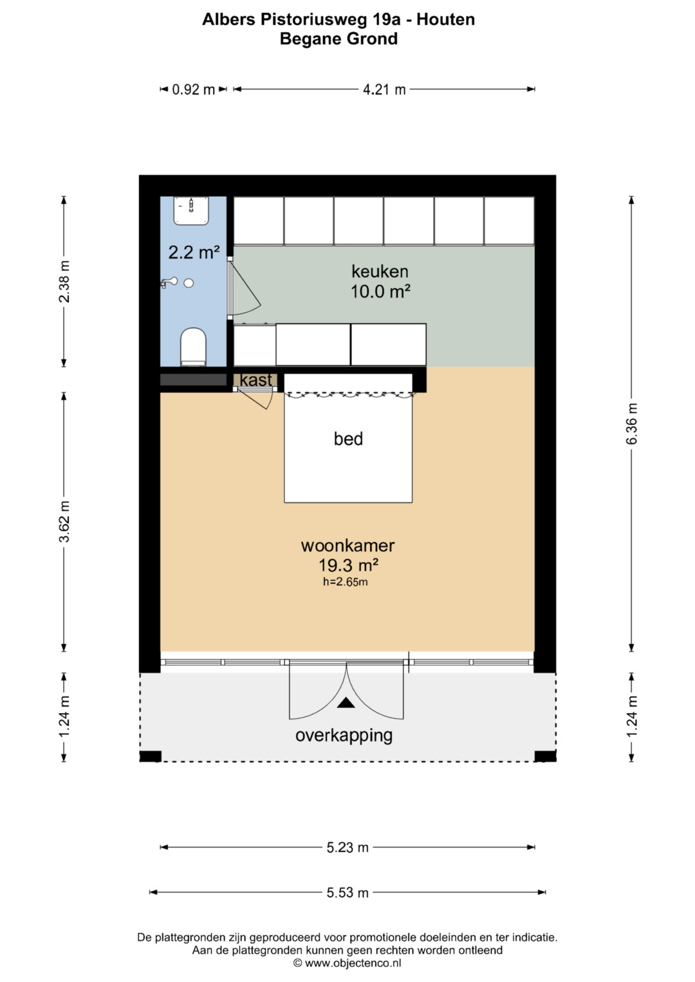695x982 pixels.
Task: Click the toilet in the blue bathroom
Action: (193, 347)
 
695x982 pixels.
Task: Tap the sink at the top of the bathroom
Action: (191, 211)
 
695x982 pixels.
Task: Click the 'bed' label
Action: (348, 439)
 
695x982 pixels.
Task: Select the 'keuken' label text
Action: (380, 271)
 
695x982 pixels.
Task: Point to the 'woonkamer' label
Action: (348, 545)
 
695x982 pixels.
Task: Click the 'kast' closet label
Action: (256, 379)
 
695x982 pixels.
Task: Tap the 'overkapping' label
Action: (344, 736)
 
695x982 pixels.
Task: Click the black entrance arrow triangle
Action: (346, 703)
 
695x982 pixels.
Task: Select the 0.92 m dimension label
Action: (194, 89)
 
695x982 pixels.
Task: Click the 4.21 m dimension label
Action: (384, 89)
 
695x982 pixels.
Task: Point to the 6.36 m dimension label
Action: (631, 424)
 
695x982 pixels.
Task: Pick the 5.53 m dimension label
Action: (347, 893)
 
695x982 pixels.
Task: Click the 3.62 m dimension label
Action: (64, 522)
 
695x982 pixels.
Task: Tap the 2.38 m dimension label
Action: (64, 282)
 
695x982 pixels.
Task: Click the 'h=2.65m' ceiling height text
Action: (346, 582)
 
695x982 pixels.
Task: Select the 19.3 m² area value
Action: (348, 565)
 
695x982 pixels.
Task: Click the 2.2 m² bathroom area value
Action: (194, 253)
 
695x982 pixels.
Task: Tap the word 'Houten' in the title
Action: (445, 19)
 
